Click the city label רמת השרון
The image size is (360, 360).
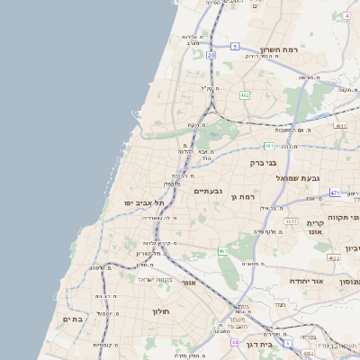coord(278,49)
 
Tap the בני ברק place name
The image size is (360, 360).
coord(269,163)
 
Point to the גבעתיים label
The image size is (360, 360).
coord(208,191)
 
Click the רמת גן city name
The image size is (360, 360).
coord(244,196)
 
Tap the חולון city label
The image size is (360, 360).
coord(161,311)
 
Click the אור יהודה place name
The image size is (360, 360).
coord(287,281)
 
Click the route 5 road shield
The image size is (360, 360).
coord(235,46)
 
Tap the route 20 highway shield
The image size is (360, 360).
coord(210,55)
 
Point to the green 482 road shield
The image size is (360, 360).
coord(245,94)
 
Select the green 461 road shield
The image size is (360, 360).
coord(221,251)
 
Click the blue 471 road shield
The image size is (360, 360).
coord(335,193)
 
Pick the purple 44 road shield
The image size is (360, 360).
coord(234,343)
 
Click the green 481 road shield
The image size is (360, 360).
coord(269,145)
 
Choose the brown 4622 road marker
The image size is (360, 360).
coord(333,258)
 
